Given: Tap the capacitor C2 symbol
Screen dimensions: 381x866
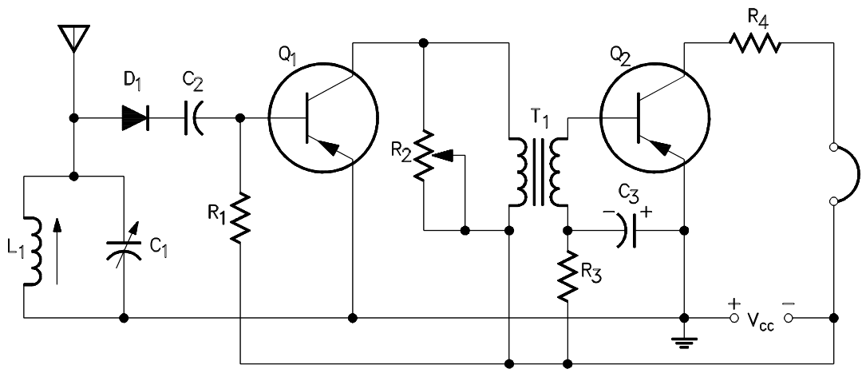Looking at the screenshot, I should pos(192,118).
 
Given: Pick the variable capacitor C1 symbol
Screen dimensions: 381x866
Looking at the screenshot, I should pos(125,244).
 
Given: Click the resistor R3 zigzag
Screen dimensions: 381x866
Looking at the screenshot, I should pos(567,276).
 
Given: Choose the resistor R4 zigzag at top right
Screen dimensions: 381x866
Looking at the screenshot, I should pos(754,43).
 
